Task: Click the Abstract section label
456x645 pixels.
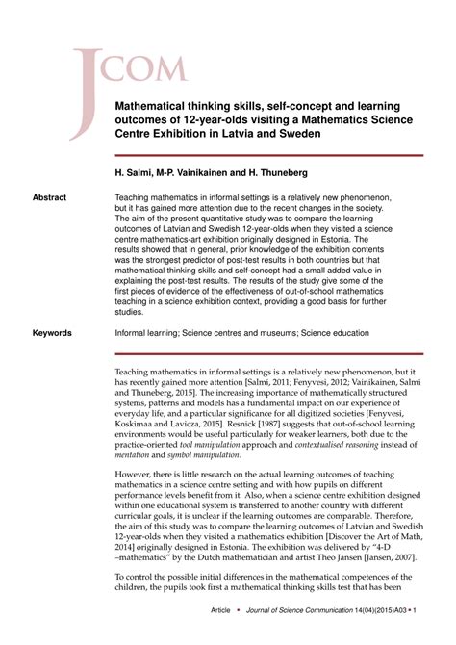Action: [x=49, y=198]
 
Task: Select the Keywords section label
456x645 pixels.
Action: [x=52, y=333]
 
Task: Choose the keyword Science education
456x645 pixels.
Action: [x=334, y=333]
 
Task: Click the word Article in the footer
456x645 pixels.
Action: [x=221, y=610]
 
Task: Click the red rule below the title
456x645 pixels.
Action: [x=268, y=155]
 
